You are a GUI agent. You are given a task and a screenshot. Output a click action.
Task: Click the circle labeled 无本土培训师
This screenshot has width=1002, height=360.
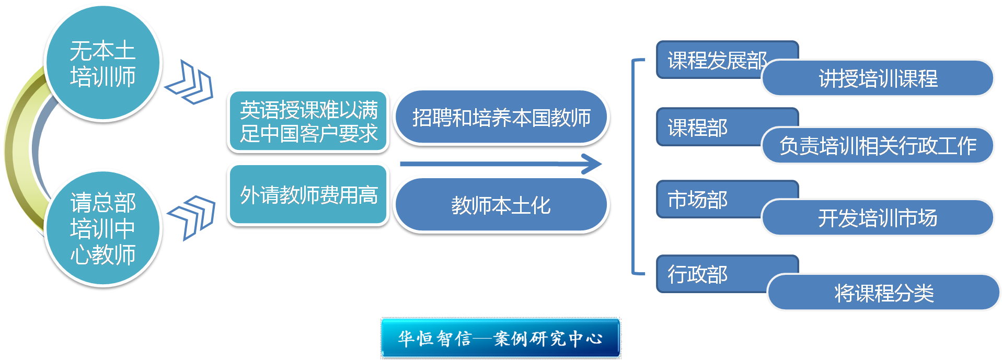(103, 64)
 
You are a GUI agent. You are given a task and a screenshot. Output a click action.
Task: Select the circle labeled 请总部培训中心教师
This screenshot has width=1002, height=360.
(103, 228)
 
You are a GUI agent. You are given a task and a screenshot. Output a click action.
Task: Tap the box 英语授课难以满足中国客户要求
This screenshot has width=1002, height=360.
(308, 121)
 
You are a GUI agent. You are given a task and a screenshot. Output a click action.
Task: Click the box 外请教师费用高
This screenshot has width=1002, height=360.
(308, 195)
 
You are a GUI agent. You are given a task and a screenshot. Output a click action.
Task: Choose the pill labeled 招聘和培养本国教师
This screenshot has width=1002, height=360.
(501, 117)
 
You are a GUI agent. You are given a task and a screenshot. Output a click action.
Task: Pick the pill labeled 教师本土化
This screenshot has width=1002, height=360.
(501, 205)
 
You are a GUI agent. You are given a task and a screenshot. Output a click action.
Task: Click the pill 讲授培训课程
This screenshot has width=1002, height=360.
(878, 78)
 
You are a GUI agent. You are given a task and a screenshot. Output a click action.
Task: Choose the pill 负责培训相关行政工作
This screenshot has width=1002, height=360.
(878, 145)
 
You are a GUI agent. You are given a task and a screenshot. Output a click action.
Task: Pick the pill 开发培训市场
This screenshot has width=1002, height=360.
(878, 218)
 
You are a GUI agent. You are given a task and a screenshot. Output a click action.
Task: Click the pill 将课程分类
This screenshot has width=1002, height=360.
(883, 293)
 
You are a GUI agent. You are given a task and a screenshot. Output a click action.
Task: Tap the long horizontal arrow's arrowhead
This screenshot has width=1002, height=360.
(593, 164)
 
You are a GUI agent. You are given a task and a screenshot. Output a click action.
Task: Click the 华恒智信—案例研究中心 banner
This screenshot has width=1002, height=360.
(500, 338)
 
